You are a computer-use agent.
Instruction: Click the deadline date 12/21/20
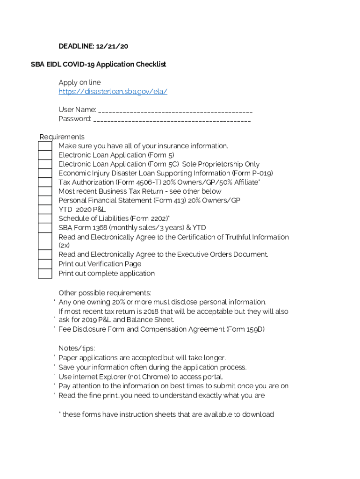pyautogui.click(x=112, y=46)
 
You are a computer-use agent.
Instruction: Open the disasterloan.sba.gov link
pyautogui.click(x=113, y=92)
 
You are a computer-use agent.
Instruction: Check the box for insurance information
pyautogui.click(x=45, y=146)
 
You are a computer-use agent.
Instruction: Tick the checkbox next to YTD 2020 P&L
pyautogui.click(x=45, y=210)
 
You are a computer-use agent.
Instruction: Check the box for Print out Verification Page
pyautogui.click(x=45, y=264)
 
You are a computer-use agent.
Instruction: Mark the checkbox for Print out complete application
pyautogui.click(x=45, y=274)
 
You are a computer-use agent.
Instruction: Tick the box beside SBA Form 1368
pyautogui.click(x=45, y=228)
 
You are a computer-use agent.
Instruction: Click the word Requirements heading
pyautogui.click(x=62, y=137)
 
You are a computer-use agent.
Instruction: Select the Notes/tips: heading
pyautogui.click(x=77, y=348)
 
